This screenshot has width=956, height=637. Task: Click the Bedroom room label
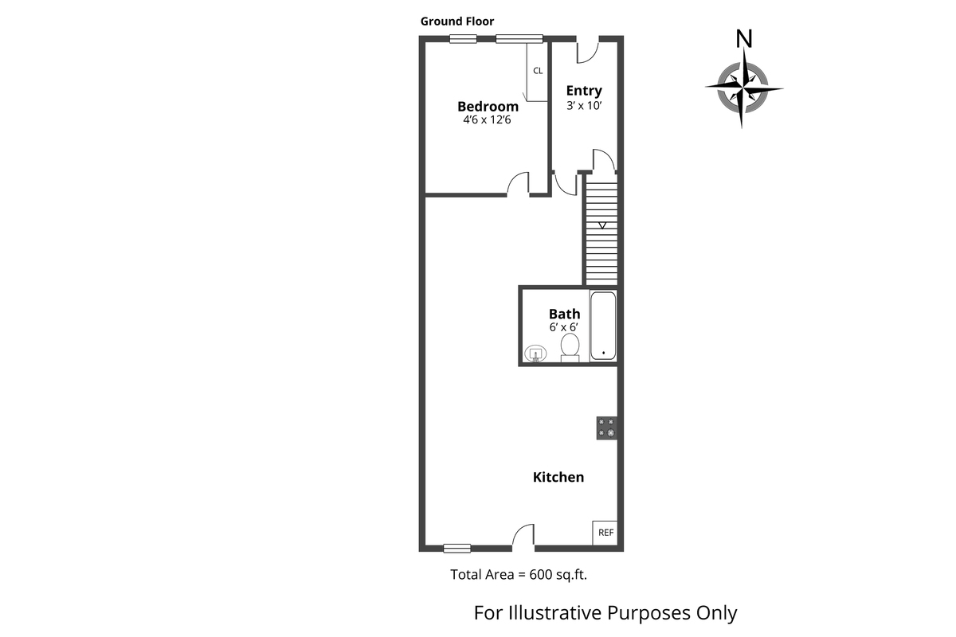(x=488, y=106)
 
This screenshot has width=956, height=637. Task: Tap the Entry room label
(x=584, y=91)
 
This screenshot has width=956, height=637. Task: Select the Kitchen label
(x=558, y=477)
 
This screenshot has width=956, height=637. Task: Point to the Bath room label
(x=564, y=314)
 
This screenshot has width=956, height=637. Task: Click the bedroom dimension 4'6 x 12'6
(x=488, y=120)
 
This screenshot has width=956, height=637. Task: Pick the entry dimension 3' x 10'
(x=584, y=105)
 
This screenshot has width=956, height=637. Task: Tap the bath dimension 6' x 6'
(x=564, y=327)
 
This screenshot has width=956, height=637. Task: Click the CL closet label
(x=538, y=71)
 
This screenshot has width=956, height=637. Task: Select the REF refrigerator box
(x=605, y=533)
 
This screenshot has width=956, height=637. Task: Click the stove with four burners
(x=607, y=428)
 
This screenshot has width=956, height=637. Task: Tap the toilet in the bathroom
(x=570, y=347)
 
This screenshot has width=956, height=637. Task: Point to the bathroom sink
(x=535, y=353)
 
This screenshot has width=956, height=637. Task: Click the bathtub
(x=603, y=326)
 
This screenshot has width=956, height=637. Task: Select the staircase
(x=602, y=231)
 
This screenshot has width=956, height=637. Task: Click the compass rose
(x=743, y=88)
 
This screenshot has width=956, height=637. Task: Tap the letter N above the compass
(x=744, y=38)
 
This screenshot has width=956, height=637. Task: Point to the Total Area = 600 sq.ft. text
(x=523, y=574)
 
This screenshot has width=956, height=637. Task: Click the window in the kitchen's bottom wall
(x=457, y=547)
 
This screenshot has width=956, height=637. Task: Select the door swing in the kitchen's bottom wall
(x=523, y=537)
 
